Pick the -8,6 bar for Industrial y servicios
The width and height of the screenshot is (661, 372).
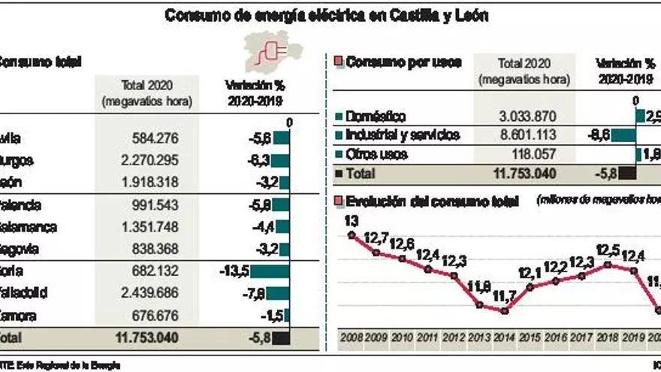623,136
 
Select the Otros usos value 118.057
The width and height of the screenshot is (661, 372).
535,154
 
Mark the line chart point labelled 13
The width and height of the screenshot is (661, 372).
351,235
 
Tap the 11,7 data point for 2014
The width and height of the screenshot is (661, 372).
504,310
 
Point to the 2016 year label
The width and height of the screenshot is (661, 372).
555,337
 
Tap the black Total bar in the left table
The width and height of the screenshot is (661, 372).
281,337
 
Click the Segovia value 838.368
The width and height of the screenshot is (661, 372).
153,249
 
